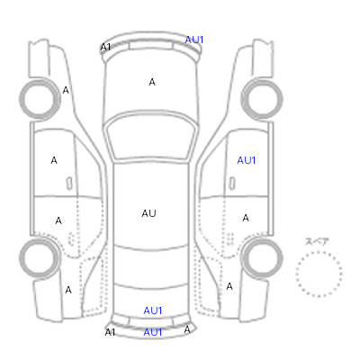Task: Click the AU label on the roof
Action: pyautogui.click(x=148, y=213)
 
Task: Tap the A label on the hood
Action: pyautogui.click(x=152, y=82)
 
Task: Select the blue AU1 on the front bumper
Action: pyautogui.click(x=194, y=40)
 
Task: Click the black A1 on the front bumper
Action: pyautogui.click(x=105, y=47)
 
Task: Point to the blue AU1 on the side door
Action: pyautogui.click(x=247, y=160)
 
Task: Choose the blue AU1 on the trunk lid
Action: pyautogui.click(x=153, y=310)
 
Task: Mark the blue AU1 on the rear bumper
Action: pyautogui.click(x=153, y=332)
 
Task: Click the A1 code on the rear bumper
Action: pyautogui.click(x=110, y=332)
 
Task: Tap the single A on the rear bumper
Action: pyautogui.click(x=187, y=329)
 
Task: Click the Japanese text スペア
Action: pyautogui.click(x=317, y=241)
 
